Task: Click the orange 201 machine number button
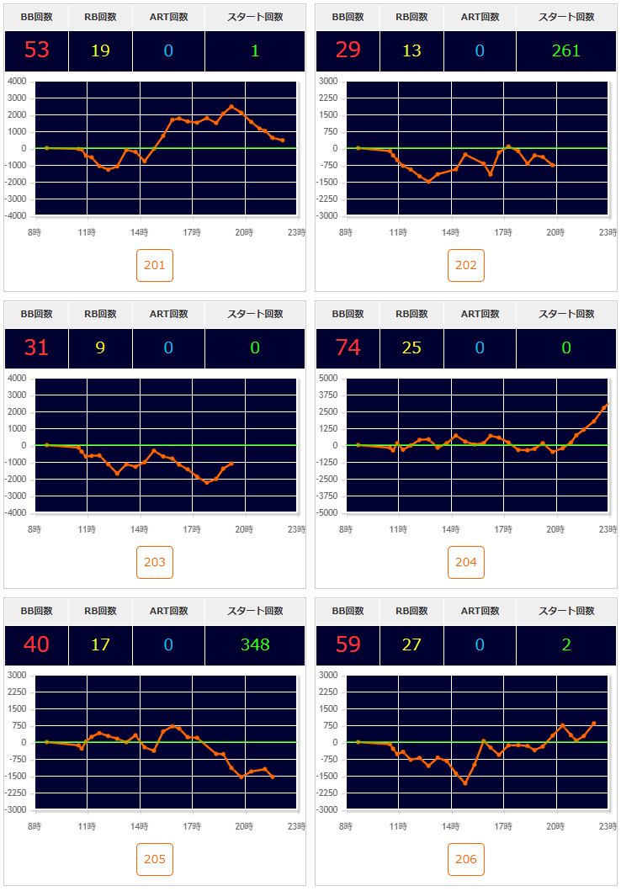pyautogui.click(x=155, y=266)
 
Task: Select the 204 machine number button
pyautogui.click(x=466, y=562)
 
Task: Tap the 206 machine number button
pyautogui.click(x=466, y=859)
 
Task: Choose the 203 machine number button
pyautogui.click(x=155, y=562)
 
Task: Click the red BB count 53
pyautogui.click(x=37, y=50)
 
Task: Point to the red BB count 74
pyautogui.click(x=348, y=347)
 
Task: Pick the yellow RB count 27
pyautogui.click(x=411, y=644)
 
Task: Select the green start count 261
pyautogui.click(x=566, y=50)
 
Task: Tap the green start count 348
pyautogui.click(x=255, y=644)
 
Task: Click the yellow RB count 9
pyautogui.click(x=100, y=347)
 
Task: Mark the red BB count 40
pyautogui.click(x=37, y=644)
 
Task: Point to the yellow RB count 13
pyautogui.click(x=411, y=50)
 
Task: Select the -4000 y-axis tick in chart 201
pyautogui.click(x=17, y=216)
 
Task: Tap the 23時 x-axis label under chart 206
pyautogui.click(x=608, y=827)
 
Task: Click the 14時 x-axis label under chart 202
pyautogui.click(x=451, y=233)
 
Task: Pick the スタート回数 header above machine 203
pyautogui.click(x=255, y=314)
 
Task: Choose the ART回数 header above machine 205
pyautogui.click(x=168, y=611)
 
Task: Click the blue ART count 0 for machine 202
pyautogui.click(x=480, y=50)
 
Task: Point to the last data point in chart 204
pyautogui.click(x=606, y=405)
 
